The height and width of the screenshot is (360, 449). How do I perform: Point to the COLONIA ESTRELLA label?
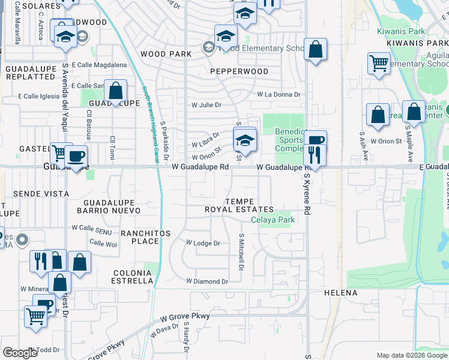click(133, 276)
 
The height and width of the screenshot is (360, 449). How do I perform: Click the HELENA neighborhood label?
click(340, 293)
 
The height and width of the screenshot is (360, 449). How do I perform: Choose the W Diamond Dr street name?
click(207, 281)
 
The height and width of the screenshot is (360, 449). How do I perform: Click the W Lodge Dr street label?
click(203, 243)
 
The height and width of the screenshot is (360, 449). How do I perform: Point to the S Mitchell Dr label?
click(241, 251)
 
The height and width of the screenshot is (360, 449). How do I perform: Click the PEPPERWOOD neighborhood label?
click(239, 71)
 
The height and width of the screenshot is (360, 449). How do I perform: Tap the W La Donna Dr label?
click(279, 94)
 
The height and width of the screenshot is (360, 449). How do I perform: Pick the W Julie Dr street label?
click(206, 104)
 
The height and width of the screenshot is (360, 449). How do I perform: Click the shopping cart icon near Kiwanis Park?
click(379, 63)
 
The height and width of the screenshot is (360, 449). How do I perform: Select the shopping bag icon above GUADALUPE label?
click(116, 91)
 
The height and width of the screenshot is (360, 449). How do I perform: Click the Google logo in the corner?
click(19, 353)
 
